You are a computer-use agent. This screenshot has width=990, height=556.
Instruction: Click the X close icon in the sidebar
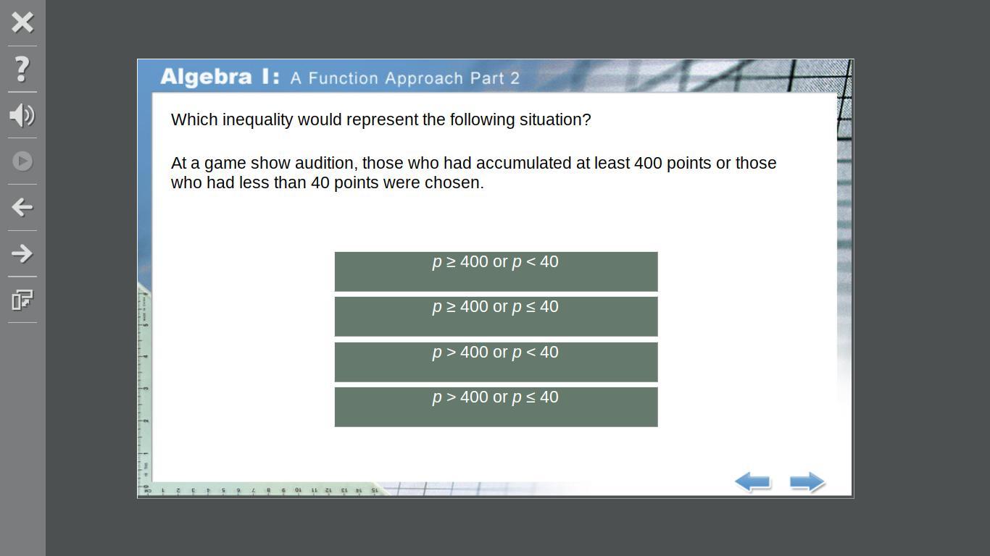(22, 22)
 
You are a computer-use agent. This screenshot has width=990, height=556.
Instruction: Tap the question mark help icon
(22, 69)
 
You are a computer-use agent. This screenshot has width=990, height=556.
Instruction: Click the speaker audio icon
(22, 115)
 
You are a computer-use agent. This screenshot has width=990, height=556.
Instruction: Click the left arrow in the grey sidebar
(22, 207)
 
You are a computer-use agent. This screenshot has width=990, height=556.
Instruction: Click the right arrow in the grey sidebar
(22, 253)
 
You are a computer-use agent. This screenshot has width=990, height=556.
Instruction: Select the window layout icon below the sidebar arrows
(22, 300)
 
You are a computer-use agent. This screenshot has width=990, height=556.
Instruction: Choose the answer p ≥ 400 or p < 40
(496, 271)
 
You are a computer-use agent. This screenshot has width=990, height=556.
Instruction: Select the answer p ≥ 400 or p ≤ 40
(496, 316)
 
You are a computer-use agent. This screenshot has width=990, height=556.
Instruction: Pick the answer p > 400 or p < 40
(496, 362)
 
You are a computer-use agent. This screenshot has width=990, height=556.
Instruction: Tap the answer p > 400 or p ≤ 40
(496, 407)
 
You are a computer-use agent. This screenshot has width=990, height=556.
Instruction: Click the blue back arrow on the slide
(753, 482)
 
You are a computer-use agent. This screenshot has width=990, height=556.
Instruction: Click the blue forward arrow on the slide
(807, 482)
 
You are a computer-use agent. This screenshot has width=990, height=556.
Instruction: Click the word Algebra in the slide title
(206, 77)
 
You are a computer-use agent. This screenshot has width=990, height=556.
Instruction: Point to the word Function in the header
(344, 78)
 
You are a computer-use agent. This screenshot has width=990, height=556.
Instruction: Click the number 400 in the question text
(648, 163)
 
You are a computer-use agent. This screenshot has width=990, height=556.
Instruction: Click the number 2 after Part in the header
(515, 78)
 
